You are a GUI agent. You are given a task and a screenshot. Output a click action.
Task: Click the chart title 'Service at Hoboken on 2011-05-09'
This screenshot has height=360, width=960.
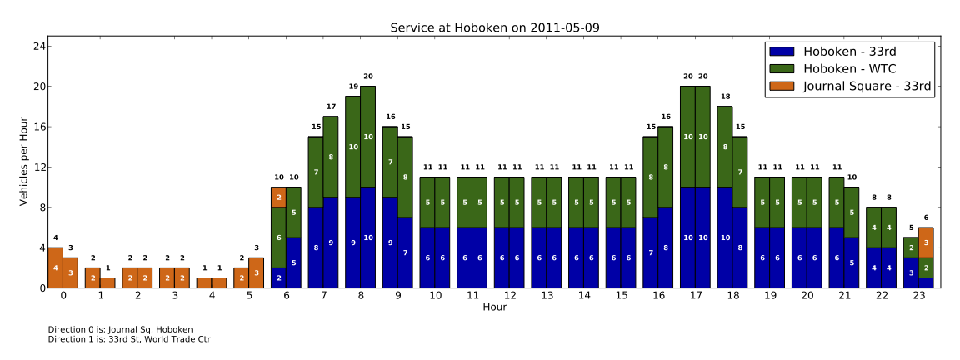[x=494, y=27]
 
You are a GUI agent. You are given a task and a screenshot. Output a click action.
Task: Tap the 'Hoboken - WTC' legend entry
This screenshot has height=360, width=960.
[x=843, y=68]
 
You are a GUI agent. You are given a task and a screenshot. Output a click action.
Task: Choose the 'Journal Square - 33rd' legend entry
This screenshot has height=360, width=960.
[x=867, y=85]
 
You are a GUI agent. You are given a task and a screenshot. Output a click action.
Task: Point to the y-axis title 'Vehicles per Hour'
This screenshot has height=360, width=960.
[x=25, y=162]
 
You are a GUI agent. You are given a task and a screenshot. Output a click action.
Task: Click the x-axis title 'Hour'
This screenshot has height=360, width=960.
[x=494, y=307]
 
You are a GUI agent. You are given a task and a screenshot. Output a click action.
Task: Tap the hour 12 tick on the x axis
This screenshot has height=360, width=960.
[x=509, y=295]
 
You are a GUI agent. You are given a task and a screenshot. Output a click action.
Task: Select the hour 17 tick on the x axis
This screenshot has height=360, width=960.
[x=695, y=295]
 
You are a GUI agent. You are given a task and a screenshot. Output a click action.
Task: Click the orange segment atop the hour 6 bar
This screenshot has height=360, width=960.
[x=278, y=197]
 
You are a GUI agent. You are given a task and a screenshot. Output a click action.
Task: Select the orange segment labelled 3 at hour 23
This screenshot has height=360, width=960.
[x=926, y=242]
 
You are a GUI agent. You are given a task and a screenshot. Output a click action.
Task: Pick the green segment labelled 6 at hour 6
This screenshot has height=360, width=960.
[x=278, y=237]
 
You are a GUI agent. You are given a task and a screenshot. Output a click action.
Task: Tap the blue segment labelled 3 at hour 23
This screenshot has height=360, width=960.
[x=911, y=272]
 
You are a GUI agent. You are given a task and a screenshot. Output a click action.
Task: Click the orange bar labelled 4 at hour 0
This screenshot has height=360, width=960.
[x=55, y=267]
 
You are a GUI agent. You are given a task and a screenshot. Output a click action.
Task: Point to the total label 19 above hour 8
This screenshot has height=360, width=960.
[x=353, y=87]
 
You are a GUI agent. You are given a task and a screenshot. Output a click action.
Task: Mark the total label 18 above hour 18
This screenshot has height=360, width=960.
[x=725, y=97]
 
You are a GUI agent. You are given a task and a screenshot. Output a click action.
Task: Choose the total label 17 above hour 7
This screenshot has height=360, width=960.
[x=331, y=107]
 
